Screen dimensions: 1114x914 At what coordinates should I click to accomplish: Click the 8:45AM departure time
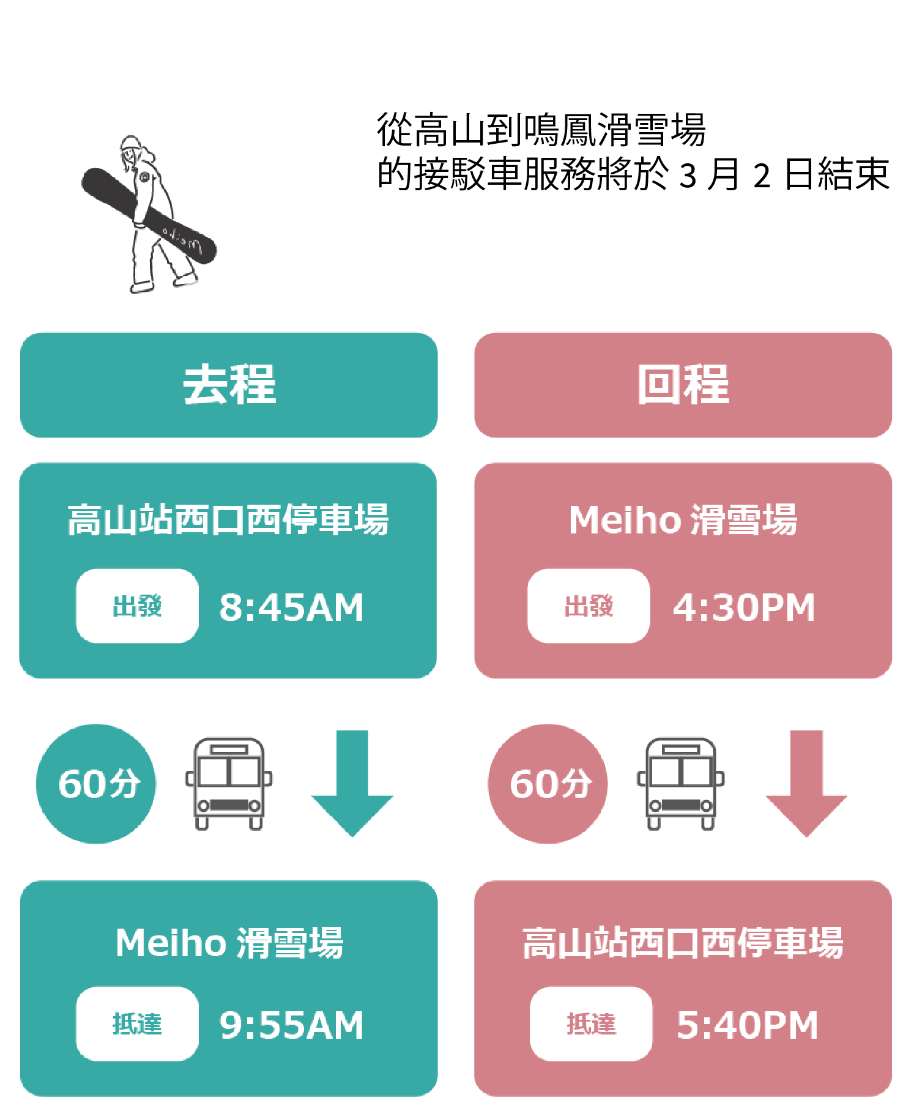tap(291, 607)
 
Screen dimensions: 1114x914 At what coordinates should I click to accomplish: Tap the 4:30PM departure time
tap(743, 607)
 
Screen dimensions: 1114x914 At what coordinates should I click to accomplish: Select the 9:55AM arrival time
tap(291, 1025)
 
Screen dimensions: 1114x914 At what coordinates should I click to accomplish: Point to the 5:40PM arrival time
tap(746, 1025)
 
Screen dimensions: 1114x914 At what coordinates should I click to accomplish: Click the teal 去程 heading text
tap(229, 385)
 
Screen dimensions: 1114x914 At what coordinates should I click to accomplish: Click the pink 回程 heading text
tap(683, 385)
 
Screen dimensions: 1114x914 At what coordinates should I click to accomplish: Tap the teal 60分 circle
tap(97, 784)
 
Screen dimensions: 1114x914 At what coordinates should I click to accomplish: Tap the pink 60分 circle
tap(548, 784)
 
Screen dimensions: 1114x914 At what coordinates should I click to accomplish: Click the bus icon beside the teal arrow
tap(229, 783)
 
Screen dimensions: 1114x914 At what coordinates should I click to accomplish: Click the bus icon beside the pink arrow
tap(680, 783)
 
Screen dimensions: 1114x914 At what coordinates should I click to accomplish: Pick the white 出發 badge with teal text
tap(137, 606)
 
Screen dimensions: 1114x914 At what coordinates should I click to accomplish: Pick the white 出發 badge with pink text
tap(589, 606)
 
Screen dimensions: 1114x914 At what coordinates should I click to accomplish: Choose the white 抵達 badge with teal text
tap(137, 1023)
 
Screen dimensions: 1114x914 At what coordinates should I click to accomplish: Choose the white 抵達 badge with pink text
tap(591, 1023)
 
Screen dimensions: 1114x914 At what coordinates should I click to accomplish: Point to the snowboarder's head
tap(130, 149)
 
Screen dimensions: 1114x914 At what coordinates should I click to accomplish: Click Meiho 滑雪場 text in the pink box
tap(683, 520)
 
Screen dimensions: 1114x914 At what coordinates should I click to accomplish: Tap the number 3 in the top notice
tap(688, 176)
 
